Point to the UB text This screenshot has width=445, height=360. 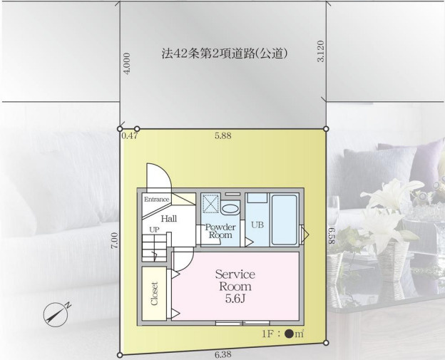[x=257, y=224]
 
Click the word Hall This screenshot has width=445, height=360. [x=169, y=219]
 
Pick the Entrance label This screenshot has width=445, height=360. [x=157, y=200]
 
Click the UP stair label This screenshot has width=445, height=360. [x=154, y=230]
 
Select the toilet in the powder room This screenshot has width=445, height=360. [x=230, y=209]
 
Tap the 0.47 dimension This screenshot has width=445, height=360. [x=130, y=135]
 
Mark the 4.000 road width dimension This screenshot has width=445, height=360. [x=127, y=64]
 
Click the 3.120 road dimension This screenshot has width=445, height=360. [x=319, y=51]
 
